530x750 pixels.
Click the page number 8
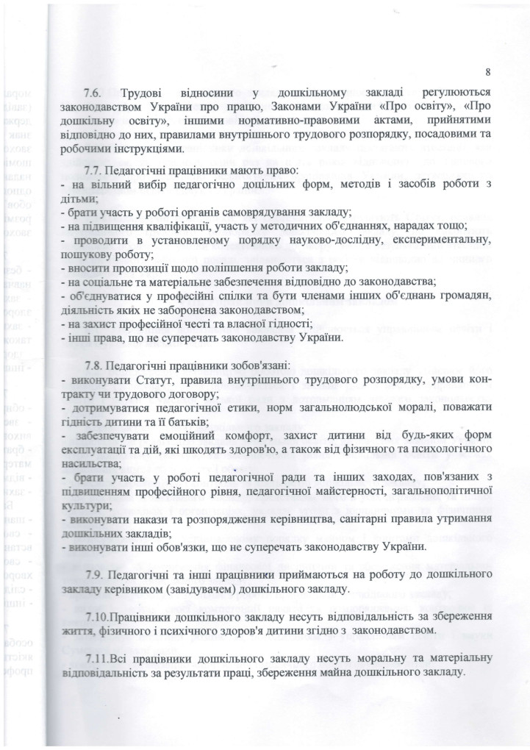[x=487, y=71]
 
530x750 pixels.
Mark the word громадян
[x=464, y=295]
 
